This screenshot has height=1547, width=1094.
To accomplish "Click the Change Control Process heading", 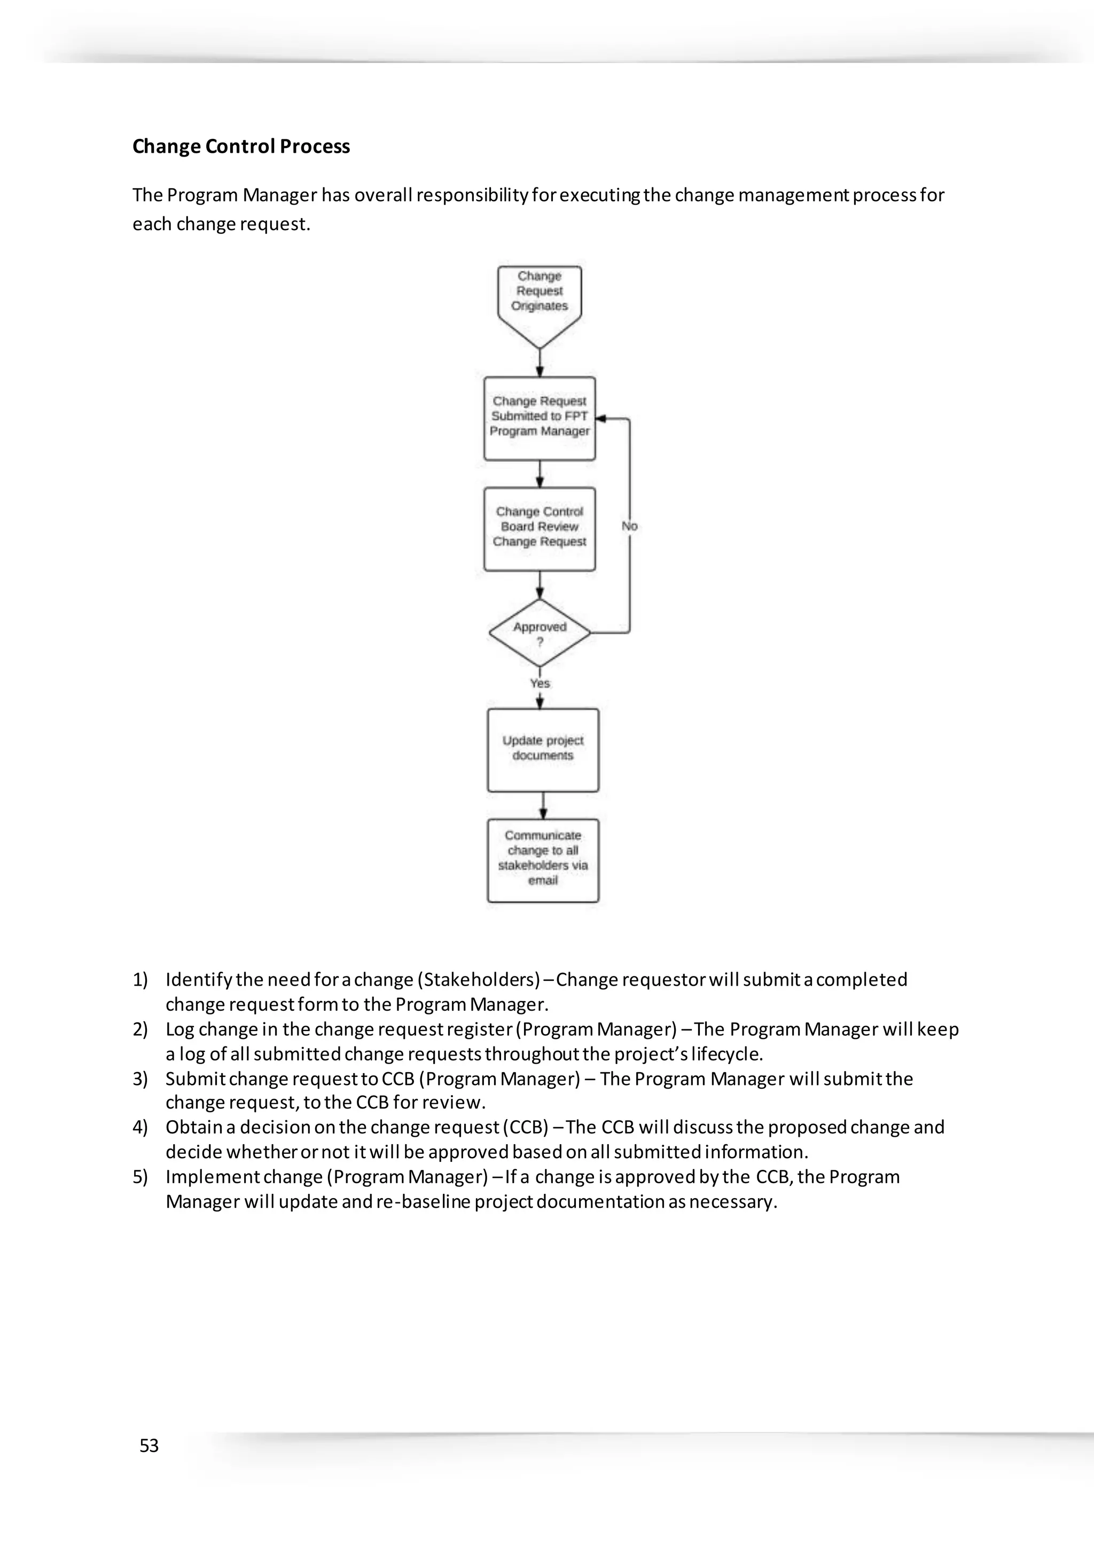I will point(240,146).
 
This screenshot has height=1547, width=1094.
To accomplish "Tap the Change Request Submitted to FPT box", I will point(539,418).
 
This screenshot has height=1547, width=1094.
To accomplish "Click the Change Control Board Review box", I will point(539,528).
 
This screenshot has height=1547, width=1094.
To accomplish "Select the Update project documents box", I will point(543,749).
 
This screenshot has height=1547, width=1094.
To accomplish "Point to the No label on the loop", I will point(629,526).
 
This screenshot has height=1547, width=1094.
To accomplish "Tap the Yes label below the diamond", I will point(540,683).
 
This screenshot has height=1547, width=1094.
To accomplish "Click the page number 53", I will point(149,1446).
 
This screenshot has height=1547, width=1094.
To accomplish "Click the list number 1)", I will point(139,980).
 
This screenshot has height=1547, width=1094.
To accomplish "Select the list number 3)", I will point(139,1079).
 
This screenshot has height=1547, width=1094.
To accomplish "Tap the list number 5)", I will point(139,1177).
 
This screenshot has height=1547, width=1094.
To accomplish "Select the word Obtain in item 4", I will point(193,1127).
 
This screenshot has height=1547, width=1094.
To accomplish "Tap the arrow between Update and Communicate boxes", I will point(543,805).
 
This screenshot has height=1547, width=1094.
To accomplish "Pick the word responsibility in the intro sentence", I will point(472,196).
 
